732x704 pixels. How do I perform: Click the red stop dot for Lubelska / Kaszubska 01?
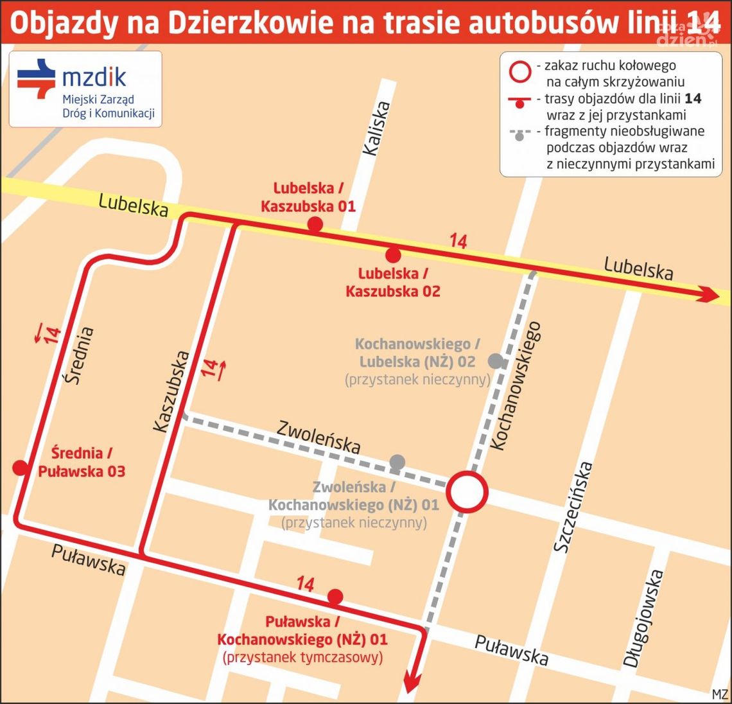[x=315, y=224]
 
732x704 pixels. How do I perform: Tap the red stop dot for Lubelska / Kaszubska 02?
[x=394, y=255]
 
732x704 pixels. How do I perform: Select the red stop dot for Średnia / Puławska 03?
[x=21, y=468]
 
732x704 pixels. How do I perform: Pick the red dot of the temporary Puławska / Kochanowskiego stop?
[x=335, y=597]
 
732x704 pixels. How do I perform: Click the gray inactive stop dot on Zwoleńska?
[x=397, y=461]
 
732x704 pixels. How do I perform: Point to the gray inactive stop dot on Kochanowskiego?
[x=495, y=361]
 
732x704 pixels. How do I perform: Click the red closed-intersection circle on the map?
[x=467, y=492]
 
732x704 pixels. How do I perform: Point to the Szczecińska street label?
[x=573, y=507]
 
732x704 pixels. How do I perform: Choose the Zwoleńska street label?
[x=318, y=436]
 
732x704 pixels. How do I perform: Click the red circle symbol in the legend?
[x=519, y=72]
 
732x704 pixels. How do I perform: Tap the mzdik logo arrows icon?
[x=37, y=78]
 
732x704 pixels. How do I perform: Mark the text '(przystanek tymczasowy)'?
[x=302, y=657]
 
